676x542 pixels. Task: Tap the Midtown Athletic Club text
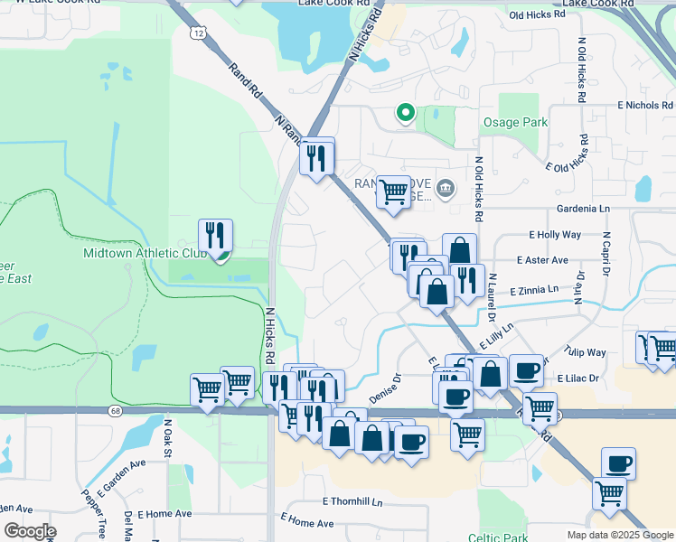pyautogui.click(x=146, y=254)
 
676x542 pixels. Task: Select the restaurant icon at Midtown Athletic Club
pyautogui.click(x=215, y=237)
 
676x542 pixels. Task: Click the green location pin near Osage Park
pyautogui.click(x=406, y=113)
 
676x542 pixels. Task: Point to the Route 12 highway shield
pyautogui.click(x=197, y=33)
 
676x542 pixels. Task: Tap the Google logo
pyautogui.click(x=30, y=531)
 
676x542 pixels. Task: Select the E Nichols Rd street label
pyautogui.click(x=646, y=106)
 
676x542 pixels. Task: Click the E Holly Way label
pyautogui.click(x=555, y=235)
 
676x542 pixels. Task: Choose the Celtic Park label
pyautogui.click(x=497, y=537)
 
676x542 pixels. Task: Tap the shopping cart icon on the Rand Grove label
pyautogui.click(x=393, y=192)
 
